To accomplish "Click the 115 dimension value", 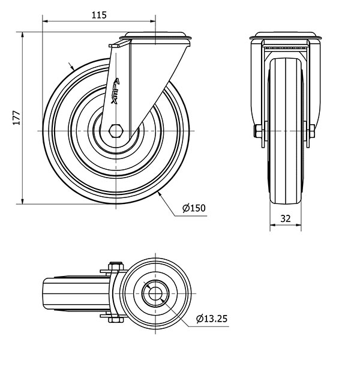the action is [x=99, y=15].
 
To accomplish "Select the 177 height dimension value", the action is [x=17, y=118].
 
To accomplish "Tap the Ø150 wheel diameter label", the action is [x=194, y=208].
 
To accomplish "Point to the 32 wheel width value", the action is [x=286, y=219].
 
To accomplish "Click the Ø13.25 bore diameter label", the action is [x=212, y=319].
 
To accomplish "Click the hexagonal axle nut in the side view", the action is [x=116, y=131].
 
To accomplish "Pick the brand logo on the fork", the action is [x=116, y=91].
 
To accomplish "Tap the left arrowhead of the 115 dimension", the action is [x=45, y=21].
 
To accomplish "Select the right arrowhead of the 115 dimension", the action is [x=152, y=21].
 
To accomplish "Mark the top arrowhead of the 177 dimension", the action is [x=23, y=35].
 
